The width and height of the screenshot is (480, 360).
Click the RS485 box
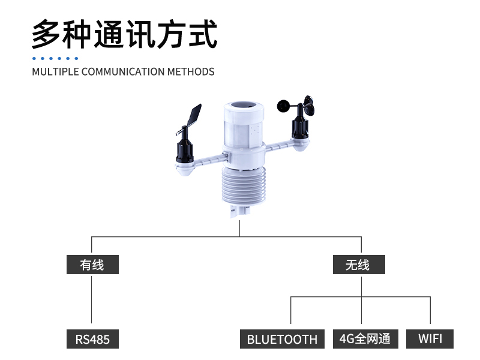92,339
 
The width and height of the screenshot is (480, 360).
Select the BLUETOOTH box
282,339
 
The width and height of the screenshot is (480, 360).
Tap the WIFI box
430,338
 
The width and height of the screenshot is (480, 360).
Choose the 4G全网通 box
365,338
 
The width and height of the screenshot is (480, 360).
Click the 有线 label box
92,265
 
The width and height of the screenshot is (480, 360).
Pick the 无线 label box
358,265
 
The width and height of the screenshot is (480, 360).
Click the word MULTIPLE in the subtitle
55,71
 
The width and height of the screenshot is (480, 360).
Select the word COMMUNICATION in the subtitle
122,71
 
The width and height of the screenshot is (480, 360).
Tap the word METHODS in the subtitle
191,71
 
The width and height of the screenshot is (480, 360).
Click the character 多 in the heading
47,35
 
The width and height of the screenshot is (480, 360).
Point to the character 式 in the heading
202,35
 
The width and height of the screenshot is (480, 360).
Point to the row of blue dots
55,58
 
